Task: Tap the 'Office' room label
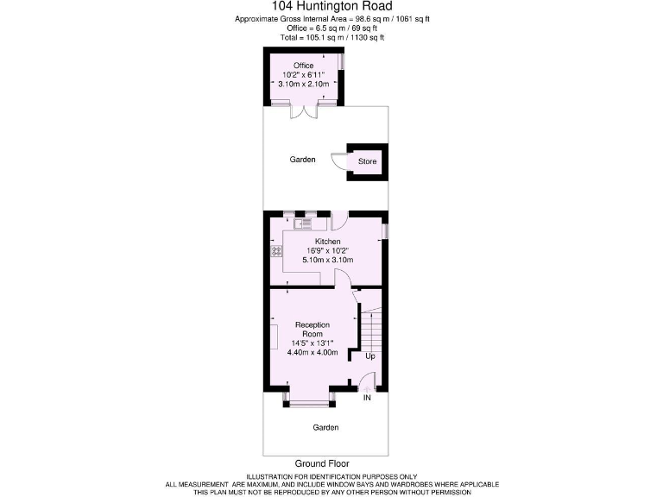tap(303, 65)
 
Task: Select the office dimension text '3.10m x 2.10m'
tap(303, 84)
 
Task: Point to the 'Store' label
tap(368, 161)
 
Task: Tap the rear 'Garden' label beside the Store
tap(302, 160)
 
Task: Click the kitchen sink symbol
tap(300, 224)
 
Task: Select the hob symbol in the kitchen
tap(276, 252)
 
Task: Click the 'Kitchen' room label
tap(327, 241)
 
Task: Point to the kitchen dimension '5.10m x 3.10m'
tap(327, 260)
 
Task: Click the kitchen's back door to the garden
tap(339, 219)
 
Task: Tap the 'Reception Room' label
tap(312, 330)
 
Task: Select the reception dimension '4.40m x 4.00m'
tap(312, 352)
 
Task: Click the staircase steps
tap(370, 328)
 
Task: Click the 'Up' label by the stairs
tap(370, 355)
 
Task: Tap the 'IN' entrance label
tap(367, 398)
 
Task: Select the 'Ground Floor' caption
tap(321, 463)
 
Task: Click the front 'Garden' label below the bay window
tap(325, 427)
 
